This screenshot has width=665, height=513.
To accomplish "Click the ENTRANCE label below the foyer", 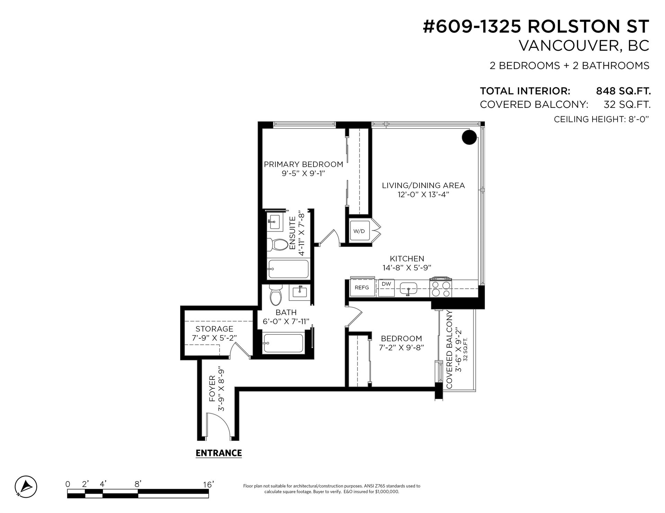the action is tap(219, 453).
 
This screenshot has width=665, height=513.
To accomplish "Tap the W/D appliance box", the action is tap(359, 231).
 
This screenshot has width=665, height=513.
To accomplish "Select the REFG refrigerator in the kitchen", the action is tap(362, 287).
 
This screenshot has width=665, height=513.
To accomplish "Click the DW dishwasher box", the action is tap(386, 287).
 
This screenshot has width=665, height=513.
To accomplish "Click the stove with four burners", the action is tap(441, 288).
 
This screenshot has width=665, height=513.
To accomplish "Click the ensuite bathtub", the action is tap(289, 269).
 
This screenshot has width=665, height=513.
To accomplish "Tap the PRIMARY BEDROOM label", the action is tap(303, 164).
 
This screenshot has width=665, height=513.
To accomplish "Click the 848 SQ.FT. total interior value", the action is tap(623, 91).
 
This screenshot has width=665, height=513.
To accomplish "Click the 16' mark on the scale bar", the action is tap(208, 485).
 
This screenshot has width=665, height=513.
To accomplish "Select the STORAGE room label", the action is tap(214, 329).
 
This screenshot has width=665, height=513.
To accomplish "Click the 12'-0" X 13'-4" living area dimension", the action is tap(423, 194).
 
